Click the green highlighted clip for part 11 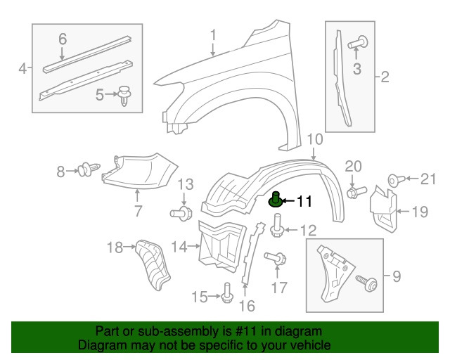tap(276, 201)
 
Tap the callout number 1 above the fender tap(213, 35)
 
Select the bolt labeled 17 tap(276, 260)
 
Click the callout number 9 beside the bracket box tap(396, 277)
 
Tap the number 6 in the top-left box tap(62, 39)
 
